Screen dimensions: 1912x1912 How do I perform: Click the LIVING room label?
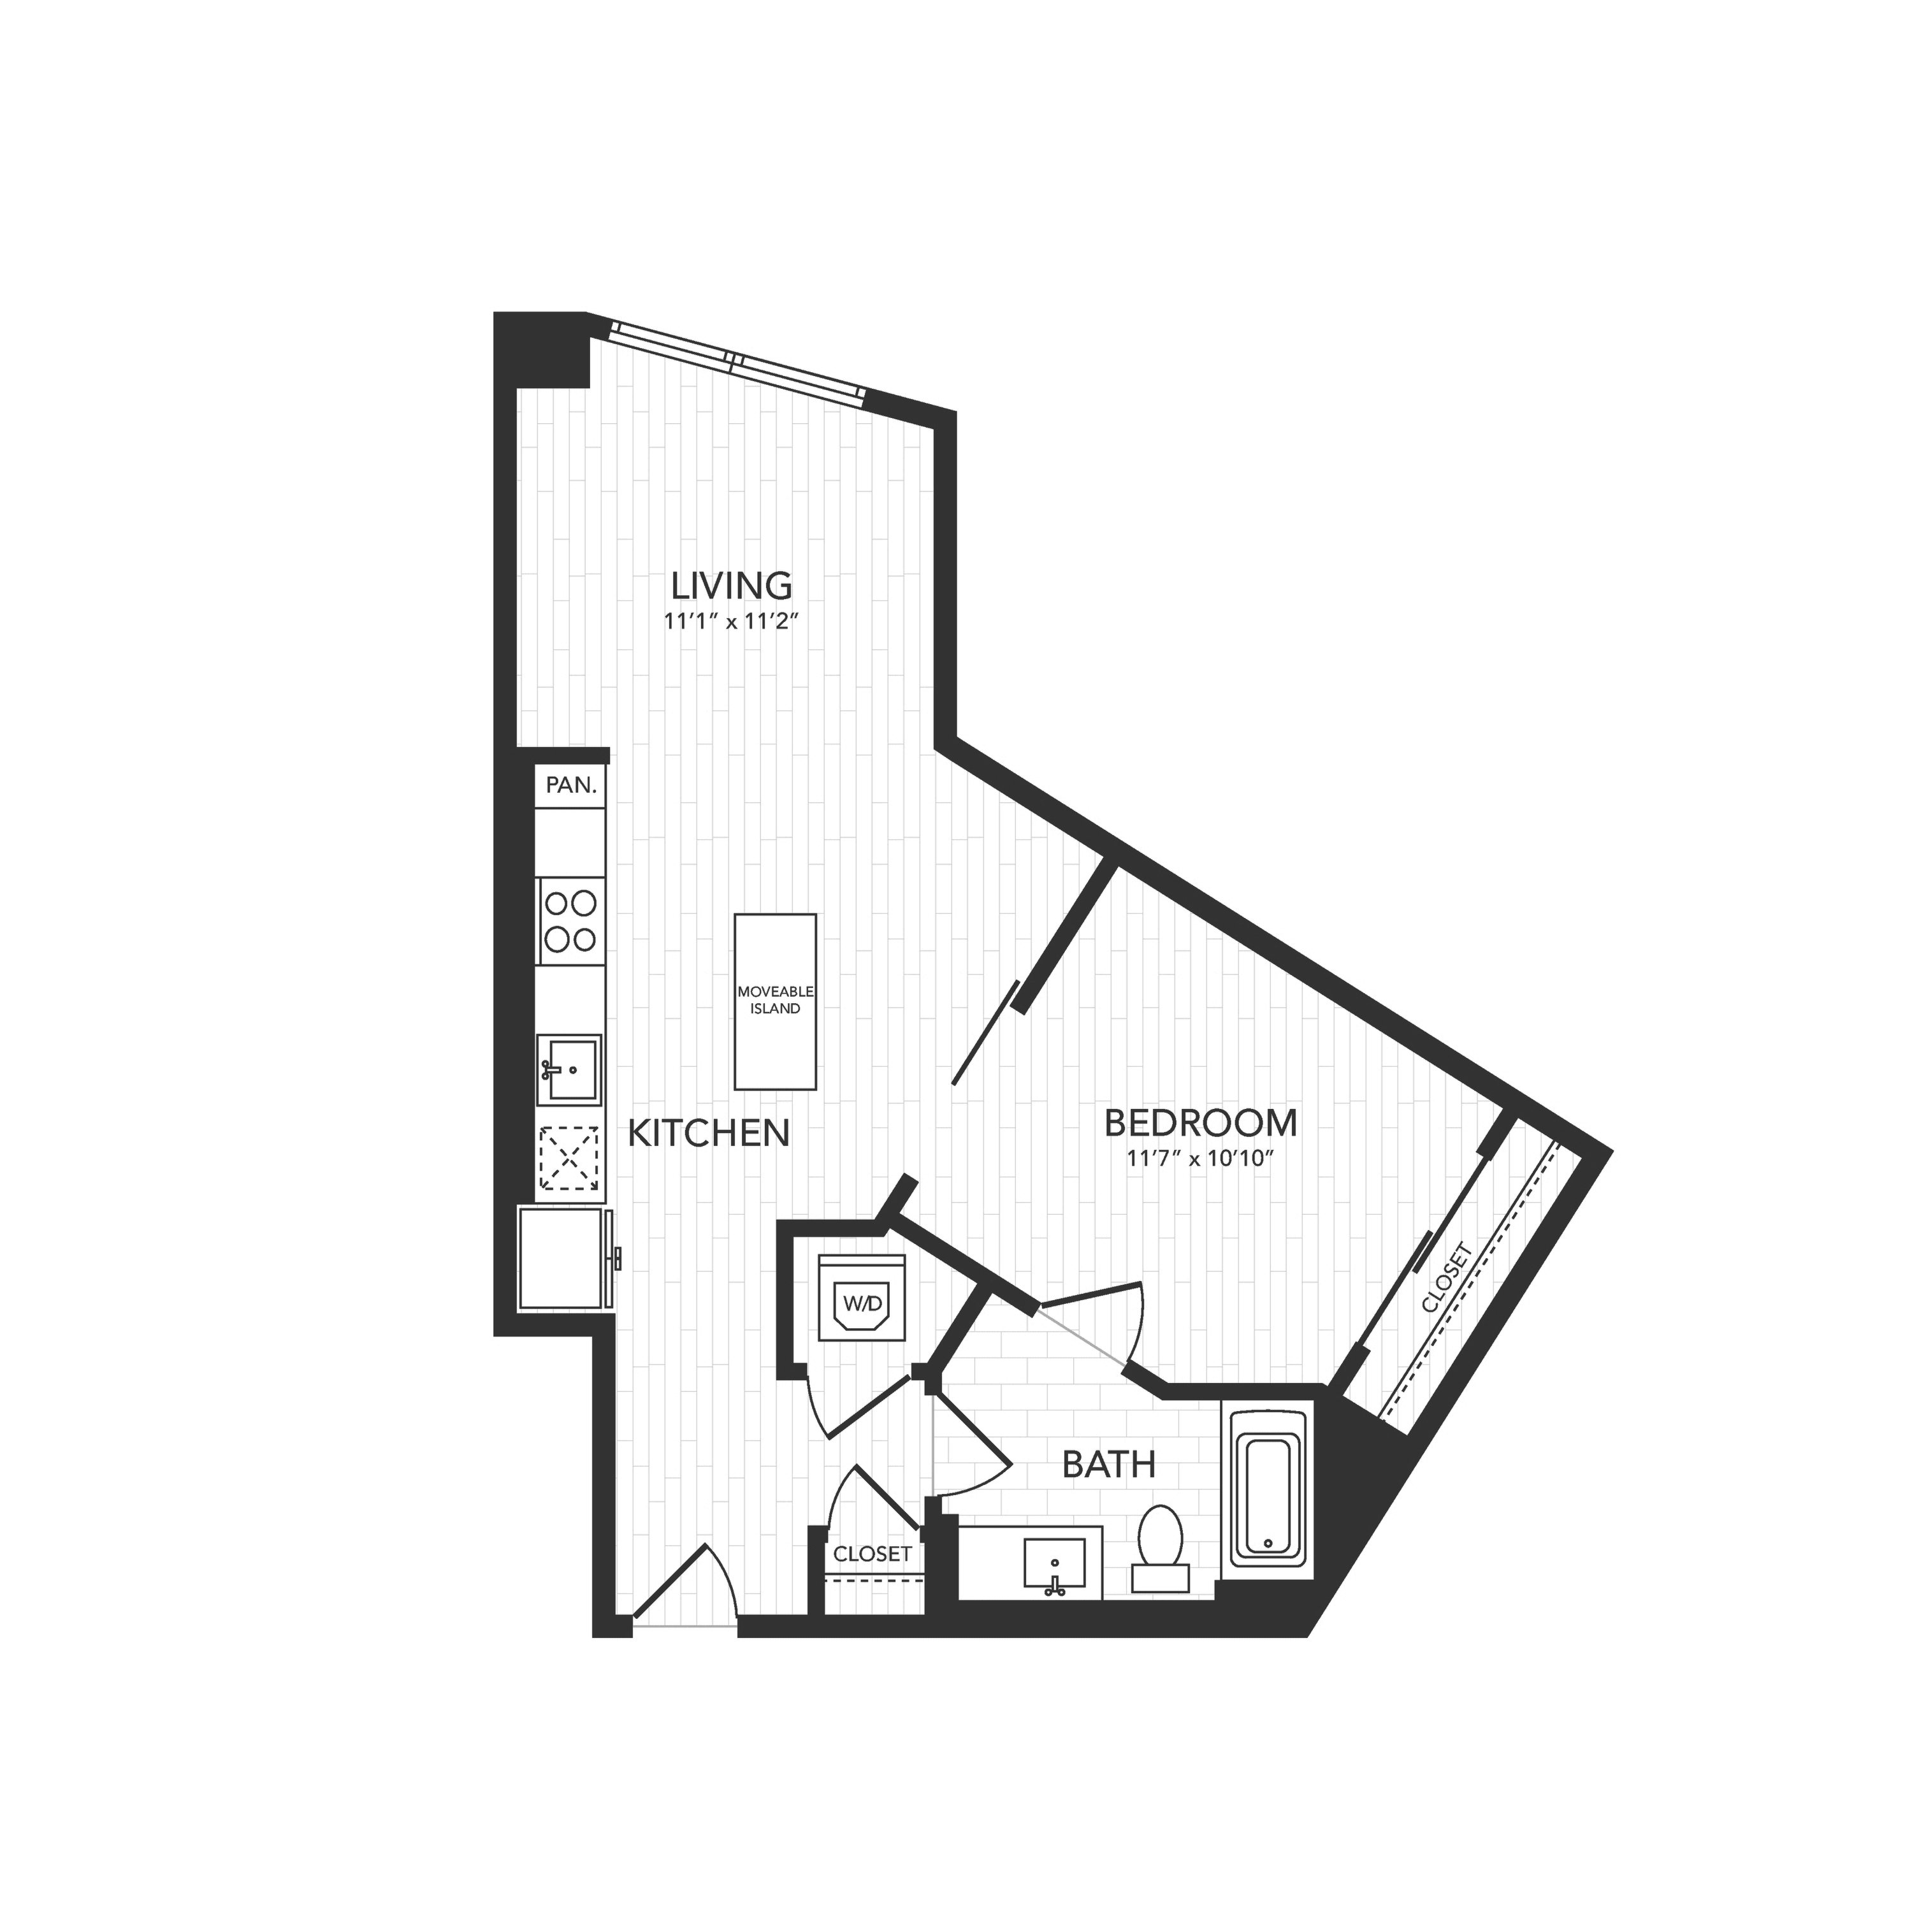point(732,585)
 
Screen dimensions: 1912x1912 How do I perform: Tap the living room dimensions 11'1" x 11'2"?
point(732,623)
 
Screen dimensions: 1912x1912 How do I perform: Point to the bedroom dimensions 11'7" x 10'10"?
point(1199,1160)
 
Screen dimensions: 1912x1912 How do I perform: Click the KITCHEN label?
point(709,1133)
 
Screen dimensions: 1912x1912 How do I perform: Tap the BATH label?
point(1108,1465)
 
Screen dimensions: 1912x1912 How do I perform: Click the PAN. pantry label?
point(571,786)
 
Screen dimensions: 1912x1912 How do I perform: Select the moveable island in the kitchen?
point(775,1001)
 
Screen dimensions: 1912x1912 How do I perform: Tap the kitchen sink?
point(569,1070)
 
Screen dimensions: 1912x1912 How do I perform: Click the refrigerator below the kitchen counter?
point(562,1258)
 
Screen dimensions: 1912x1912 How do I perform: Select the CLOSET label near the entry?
point(872,1554)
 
